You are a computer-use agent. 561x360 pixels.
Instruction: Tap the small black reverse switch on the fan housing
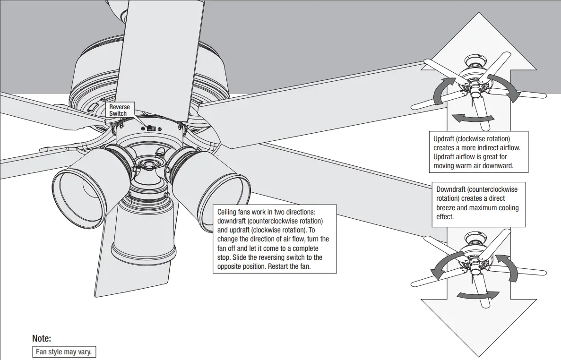tap(151, 128)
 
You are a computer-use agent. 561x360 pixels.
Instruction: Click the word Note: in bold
tap(42, 338)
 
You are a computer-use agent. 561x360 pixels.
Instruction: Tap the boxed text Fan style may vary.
tap(64, 352)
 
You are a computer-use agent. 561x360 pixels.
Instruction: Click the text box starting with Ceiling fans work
tap(275, 239)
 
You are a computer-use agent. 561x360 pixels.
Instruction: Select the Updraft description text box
tap(479, 152)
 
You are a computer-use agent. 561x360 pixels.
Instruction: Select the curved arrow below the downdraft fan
tap(478, 295)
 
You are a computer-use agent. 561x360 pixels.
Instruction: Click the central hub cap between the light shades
tap(149, 166)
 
